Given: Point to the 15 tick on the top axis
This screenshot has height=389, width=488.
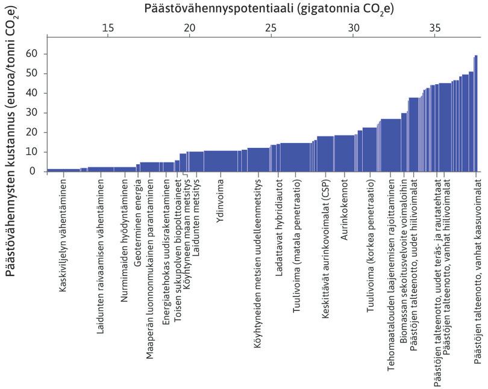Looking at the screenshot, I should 108,29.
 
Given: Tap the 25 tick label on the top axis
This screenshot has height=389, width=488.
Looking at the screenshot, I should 271,29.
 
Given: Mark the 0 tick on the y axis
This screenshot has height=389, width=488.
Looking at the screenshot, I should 33,171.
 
